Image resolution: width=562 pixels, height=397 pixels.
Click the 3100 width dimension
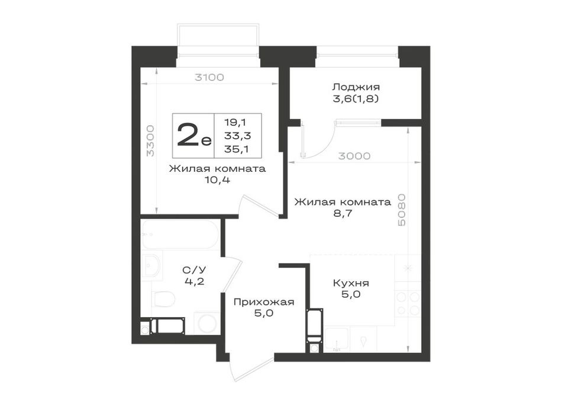tap(209, 77)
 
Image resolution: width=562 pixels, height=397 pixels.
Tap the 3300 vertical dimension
tap(151, 141)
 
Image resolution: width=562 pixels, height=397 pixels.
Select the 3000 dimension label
tap(354, 156)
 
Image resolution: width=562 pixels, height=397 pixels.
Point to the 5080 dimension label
tap(402, 210)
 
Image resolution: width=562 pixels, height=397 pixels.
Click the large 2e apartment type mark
tap(194, 135)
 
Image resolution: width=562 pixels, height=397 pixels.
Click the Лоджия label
tap(356, 87)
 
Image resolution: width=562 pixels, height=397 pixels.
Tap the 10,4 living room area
tap(217, 180)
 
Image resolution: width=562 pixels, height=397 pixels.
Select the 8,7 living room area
tap(343, 214)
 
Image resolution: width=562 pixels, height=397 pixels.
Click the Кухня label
tap(351, 283)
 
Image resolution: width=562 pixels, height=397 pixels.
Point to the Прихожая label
tap(264, 302)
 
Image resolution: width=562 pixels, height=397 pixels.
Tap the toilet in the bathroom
tap(163, 298)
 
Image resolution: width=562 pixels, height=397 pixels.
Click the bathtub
tap(180, 235)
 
